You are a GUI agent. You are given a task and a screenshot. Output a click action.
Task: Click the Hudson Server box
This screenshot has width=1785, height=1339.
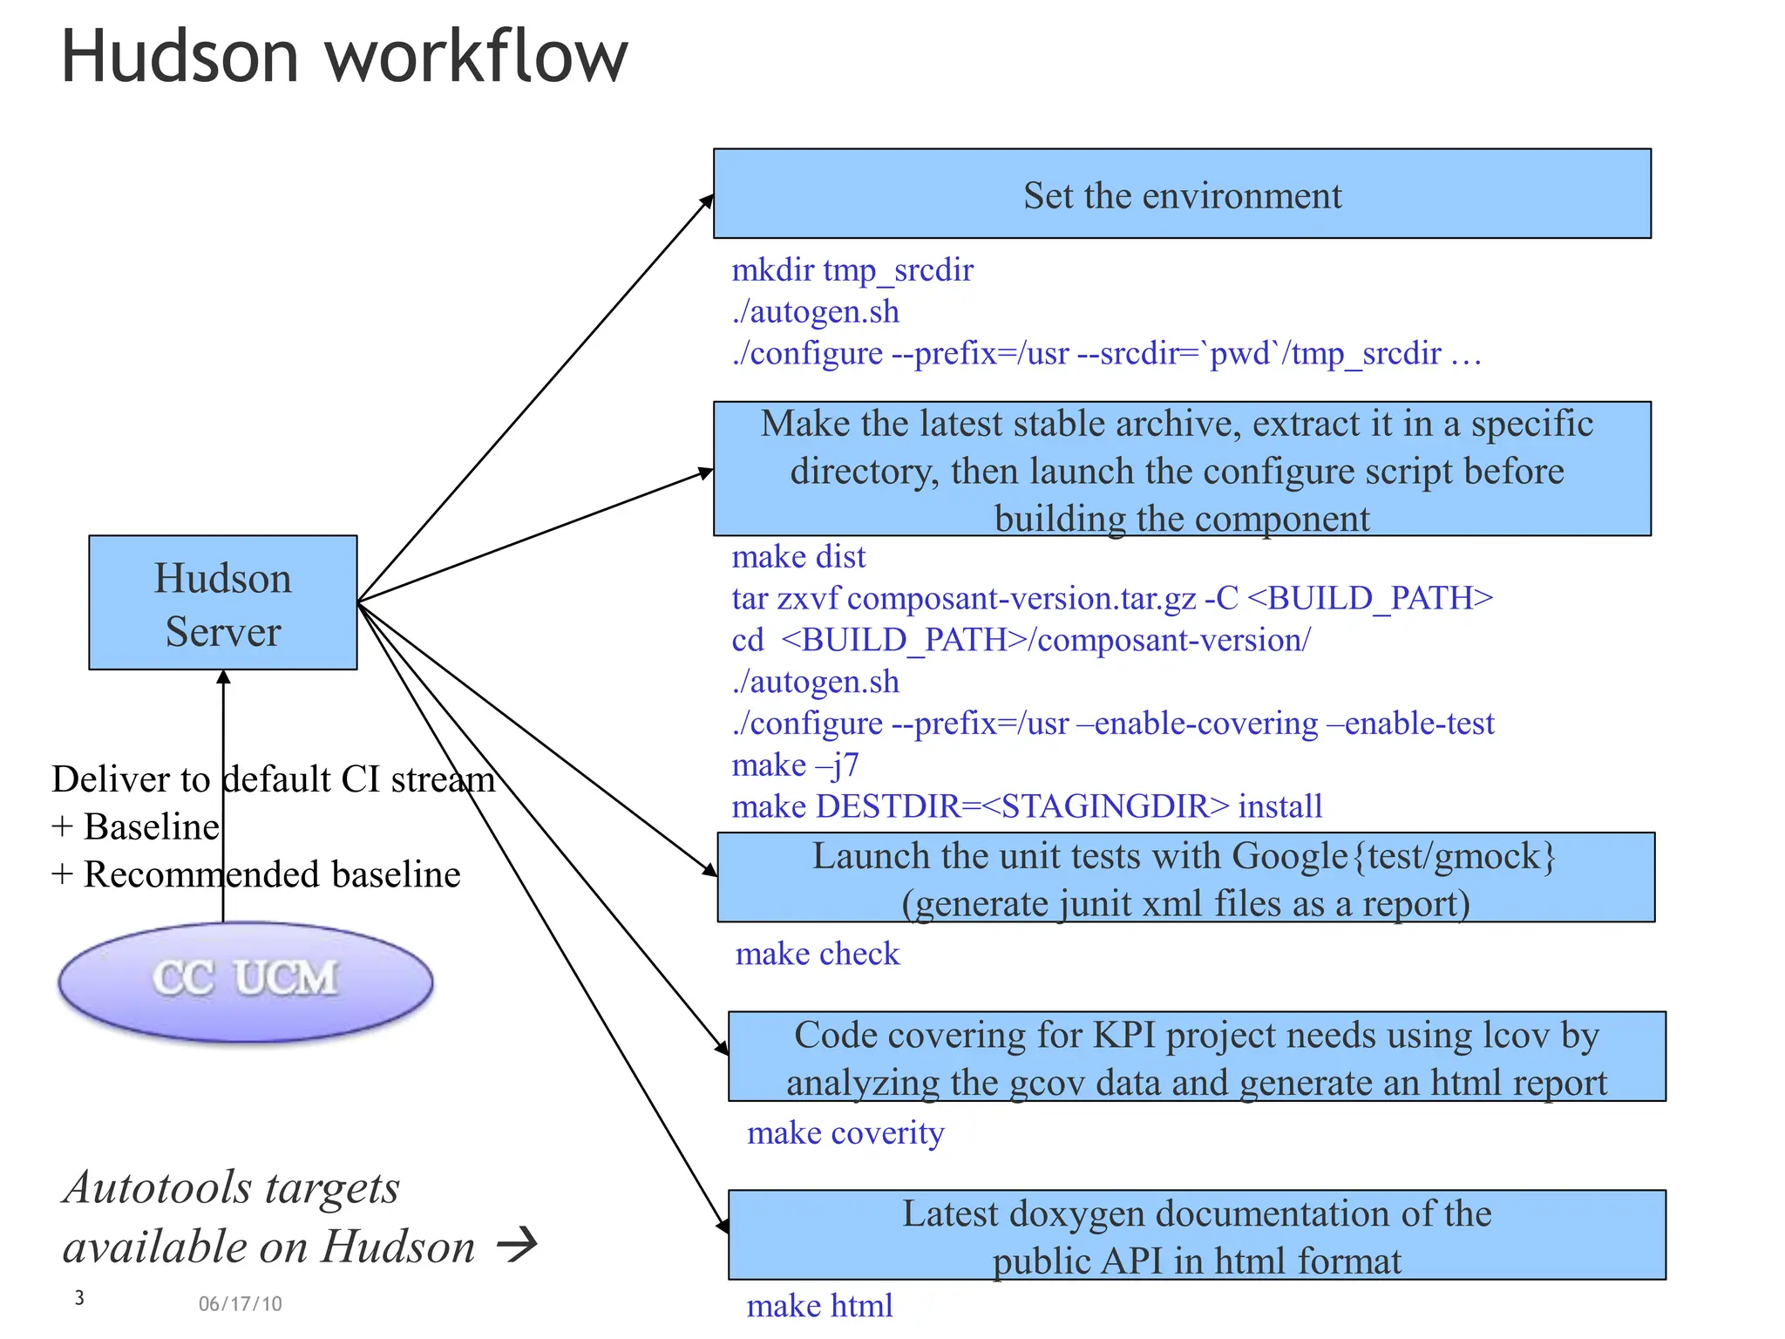point(222,602)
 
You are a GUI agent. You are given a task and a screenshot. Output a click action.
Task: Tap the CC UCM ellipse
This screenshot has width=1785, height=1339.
point(245,981)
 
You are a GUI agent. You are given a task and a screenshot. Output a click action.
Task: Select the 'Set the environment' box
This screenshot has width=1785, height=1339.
point(1181,194)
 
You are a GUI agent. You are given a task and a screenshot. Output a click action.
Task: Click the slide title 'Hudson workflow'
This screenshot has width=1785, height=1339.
point(344,57)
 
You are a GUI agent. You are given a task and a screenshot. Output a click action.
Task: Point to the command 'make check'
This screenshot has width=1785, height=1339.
point(817,954)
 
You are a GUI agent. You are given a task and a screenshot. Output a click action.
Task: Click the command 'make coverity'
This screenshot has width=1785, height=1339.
point(845,1132)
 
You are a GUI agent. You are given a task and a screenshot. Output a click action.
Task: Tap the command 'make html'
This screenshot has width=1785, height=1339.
point(819,1305)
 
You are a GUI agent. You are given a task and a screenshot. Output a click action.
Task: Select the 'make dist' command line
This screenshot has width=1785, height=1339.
point(798,557)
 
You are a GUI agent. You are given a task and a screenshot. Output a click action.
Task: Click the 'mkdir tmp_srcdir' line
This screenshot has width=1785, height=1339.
point(852,270)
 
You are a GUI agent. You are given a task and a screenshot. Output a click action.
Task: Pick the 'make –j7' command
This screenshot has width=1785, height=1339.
point(795,765)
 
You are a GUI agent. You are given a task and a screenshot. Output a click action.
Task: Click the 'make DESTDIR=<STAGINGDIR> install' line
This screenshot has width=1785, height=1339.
point(1026,806)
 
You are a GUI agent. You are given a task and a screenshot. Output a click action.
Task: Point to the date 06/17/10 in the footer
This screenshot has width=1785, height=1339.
point(240,1303)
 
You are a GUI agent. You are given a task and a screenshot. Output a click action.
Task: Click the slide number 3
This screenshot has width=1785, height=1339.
point(79,1297)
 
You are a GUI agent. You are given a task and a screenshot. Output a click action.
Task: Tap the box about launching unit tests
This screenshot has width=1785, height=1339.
point(1184,878)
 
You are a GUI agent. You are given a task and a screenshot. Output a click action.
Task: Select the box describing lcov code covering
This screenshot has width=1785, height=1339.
point(1196,1057)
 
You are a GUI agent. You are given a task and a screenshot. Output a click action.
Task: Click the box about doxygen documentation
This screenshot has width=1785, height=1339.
point(1196,1235)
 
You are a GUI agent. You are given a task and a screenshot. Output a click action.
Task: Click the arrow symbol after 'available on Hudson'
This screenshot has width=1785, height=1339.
point(517,1244)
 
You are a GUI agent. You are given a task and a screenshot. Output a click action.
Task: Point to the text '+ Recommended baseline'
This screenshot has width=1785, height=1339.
point(255,874)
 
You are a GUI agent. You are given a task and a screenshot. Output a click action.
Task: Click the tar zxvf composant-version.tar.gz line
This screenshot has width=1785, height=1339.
point(1111,599)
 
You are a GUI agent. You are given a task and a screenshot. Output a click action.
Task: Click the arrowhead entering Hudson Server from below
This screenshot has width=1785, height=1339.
point(223,677)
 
